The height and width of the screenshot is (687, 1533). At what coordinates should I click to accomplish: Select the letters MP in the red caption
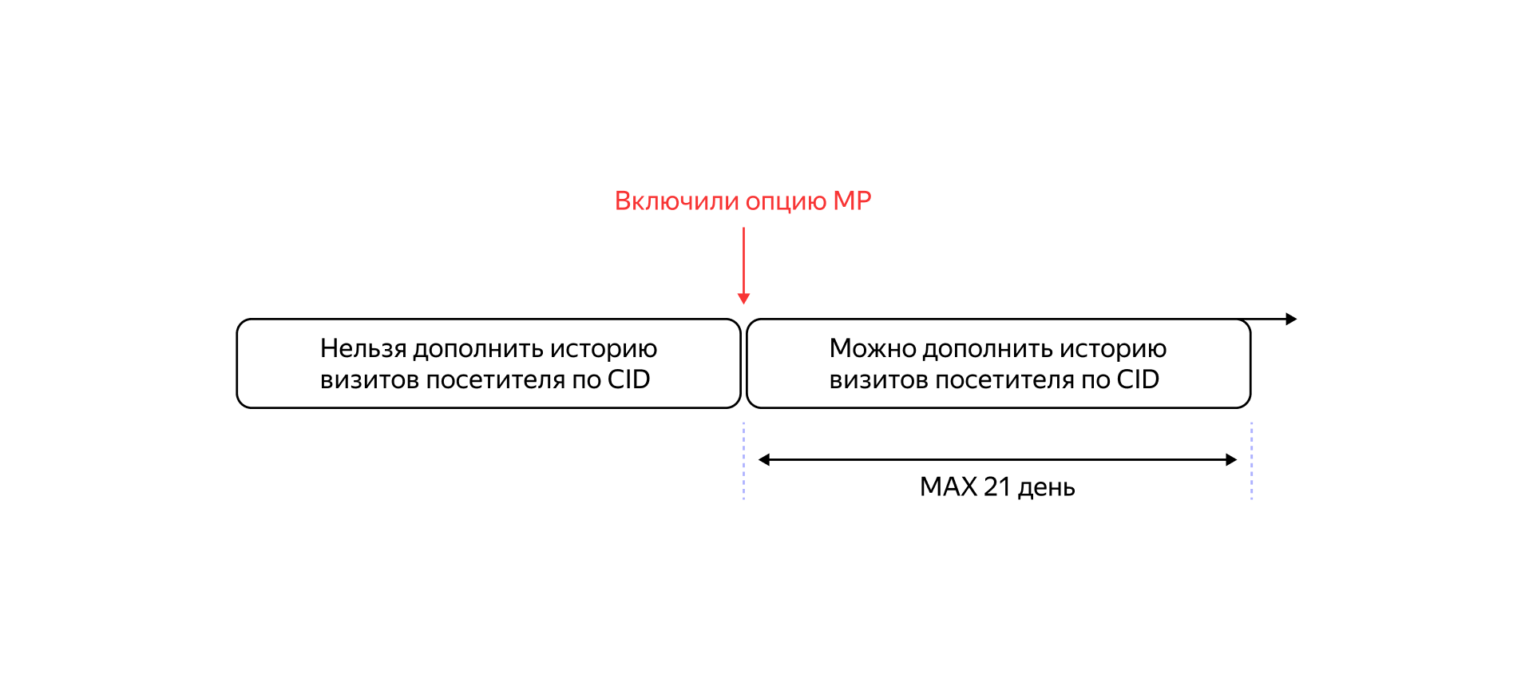click(x=852, y=201)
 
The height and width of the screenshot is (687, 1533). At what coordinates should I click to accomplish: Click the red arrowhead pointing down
click(x=743, y=299)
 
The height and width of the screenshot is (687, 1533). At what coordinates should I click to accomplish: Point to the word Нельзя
click(x=363, y=349)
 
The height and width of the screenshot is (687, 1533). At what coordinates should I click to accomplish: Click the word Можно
click(x=872, y=349)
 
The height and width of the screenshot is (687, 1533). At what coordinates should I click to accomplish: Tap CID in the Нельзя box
click(x=628, y=379)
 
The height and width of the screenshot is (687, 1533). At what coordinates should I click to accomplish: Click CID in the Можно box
click(x=1138, y=379)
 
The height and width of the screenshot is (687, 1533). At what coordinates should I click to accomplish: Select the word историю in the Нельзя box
click(x=604, y=350)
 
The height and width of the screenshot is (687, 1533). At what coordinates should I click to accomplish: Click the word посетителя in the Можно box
click(x=1004, y=380)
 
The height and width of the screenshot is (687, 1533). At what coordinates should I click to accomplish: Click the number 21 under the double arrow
click(x=997, y=486)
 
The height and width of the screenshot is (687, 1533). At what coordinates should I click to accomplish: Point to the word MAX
click(x=948, y=486)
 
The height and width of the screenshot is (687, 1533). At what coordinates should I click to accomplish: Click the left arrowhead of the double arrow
click(x=764, y=459)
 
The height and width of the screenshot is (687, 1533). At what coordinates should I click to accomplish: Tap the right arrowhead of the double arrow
click(x=1231, y=459)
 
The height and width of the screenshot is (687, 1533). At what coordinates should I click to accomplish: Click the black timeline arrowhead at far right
click(x=1291, y=319)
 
